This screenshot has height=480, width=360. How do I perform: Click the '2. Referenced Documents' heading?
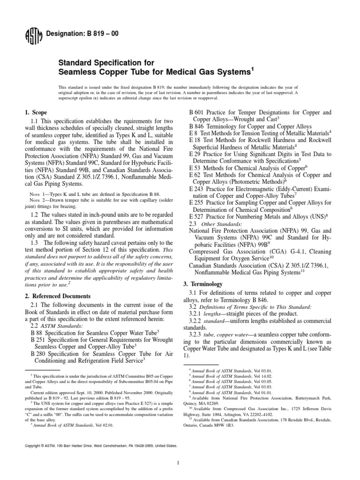click(58, 296)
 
